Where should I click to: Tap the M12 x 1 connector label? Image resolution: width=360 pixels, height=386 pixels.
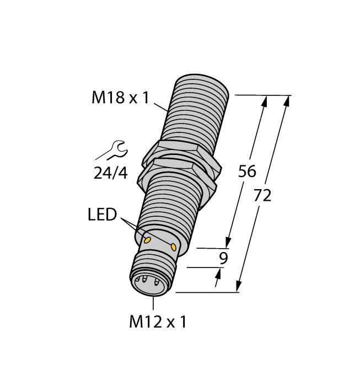[x=158, y=321]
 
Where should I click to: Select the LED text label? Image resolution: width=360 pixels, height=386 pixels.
[x=103, y=215]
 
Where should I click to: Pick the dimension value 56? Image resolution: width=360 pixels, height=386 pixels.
[x=247, y=171]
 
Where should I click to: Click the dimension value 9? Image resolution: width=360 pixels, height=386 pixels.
[x=223, y=258]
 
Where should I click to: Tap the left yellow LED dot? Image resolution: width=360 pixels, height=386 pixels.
[x=147, y=240]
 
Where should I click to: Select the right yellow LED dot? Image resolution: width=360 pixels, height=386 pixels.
[x=175, y=246]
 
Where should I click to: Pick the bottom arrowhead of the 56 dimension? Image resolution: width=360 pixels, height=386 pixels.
[x=227, y=243]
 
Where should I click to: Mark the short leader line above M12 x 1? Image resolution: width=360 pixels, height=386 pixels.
[x=153, y=302]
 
